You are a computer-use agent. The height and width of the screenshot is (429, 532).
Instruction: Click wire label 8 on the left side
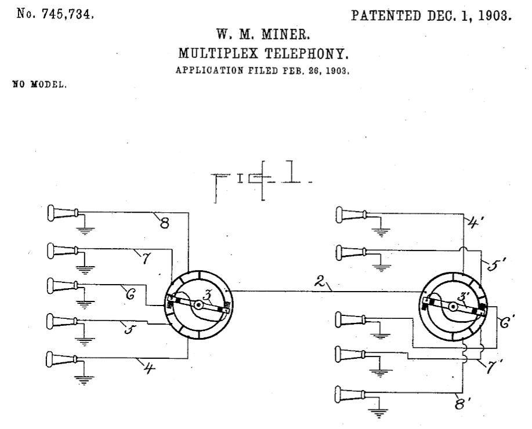[164, 222]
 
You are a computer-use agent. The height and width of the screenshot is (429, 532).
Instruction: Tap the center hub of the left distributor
[199, 305]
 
